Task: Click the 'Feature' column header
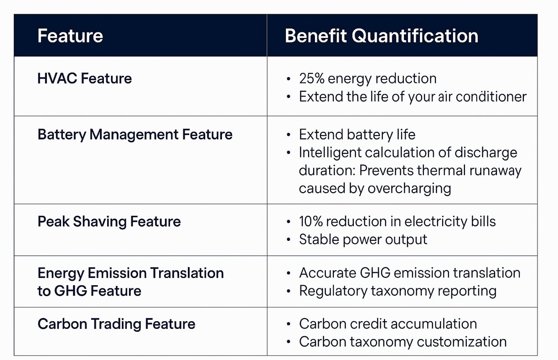point(70,36)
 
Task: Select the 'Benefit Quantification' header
point(382,36)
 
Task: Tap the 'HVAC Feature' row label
point(84,78)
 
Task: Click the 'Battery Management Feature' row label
point(135,135)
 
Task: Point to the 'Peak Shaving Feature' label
point(109,221)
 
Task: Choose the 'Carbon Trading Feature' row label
point(116,324)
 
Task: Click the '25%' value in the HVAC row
point(312,78)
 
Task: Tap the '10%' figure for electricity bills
point(311,221)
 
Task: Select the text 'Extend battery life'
point(357,135)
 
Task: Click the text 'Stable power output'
point(363,240)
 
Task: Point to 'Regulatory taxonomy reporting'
point(398,291)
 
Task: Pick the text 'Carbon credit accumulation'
point(388,324)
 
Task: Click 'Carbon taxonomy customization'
point(403,342)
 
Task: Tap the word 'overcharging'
point(409,188)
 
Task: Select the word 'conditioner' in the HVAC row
point(491,97)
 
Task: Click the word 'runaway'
point(495,171)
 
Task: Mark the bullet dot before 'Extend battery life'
point(289,135)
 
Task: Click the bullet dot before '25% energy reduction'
point(289,79)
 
